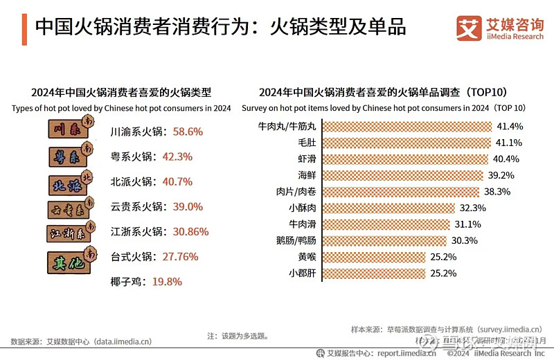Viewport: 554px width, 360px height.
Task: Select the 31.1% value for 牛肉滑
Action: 470,224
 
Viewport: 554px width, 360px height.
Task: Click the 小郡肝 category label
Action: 303,273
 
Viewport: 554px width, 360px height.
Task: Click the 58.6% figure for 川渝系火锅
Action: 188,131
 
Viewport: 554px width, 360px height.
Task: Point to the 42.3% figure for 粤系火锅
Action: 177,156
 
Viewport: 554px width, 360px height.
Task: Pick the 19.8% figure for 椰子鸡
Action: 167,282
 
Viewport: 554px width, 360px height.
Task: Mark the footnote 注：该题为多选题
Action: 238,336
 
